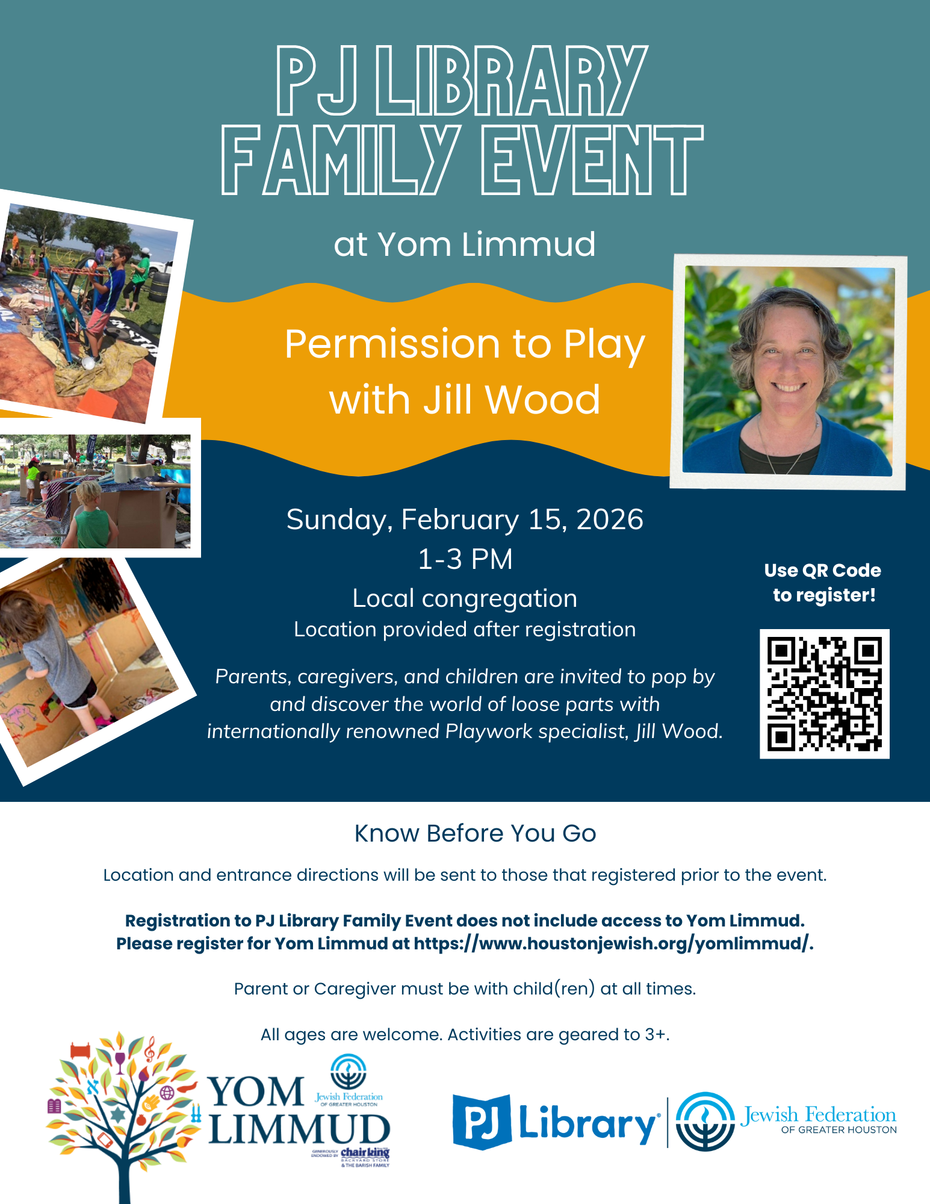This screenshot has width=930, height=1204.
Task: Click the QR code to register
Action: pyautogui.click(x=824, y=694)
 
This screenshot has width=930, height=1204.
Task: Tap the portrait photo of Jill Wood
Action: pyautogui.click(x=789, y=371)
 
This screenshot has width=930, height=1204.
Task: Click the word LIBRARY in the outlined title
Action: pyautogui.click(x=512, y=81)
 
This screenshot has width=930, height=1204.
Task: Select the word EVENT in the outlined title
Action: pyautogui.click(x=592, y=160)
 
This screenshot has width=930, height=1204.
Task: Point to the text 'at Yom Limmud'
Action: pyautogui.click(x=465, y=244)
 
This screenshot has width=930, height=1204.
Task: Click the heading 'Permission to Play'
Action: pyautogui.click(x=465, y=345)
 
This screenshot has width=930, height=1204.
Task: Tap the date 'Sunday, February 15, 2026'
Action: pyautogui.click(x=465, y=520)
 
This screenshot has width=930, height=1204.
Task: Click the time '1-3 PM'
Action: pyautogui.click(x=465, y=559)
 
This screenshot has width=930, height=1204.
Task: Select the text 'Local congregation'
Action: pyautogui.click(x=465, y=599)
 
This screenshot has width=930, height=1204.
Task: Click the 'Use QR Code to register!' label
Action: pyautogui.click(x=823, y=583)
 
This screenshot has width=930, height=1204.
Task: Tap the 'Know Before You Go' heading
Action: pyautogui.click(x=476, y=833)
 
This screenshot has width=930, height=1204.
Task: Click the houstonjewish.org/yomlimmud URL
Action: pyautogui.click(x=613, y=943)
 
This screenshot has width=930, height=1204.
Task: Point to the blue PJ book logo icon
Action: pyautogui.click(x=482, y=1122)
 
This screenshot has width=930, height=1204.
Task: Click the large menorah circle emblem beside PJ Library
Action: pyautogui.click(x=705, y=1122)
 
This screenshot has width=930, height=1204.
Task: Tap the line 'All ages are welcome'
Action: pyautogui.click(x=465, y=1035)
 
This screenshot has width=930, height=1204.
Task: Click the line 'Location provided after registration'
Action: pyautogui.click(x=465, y=630)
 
